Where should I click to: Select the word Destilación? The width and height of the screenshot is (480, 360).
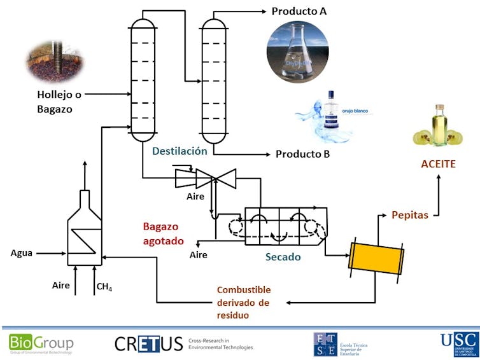point(180,151)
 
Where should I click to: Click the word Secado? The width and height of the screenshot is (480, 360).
point(283,257)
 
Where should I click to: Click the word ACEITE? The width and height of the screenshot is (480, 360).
point(438,164)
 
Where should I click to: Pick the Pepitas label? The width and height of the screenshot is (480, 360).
point(409,215)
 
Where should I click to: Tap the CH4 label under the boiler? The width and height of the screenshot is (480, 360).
point(104,287)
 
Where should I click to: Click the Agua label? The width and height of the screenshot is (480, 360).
point(22,253)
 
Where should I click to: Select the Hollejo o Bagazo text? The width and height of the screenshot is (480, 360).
point(55,102)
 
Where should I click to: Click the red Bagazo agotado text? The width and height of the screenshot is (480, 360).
point(164,233)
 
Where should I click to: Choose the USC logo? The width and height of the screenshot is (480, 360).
point(459,343)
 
